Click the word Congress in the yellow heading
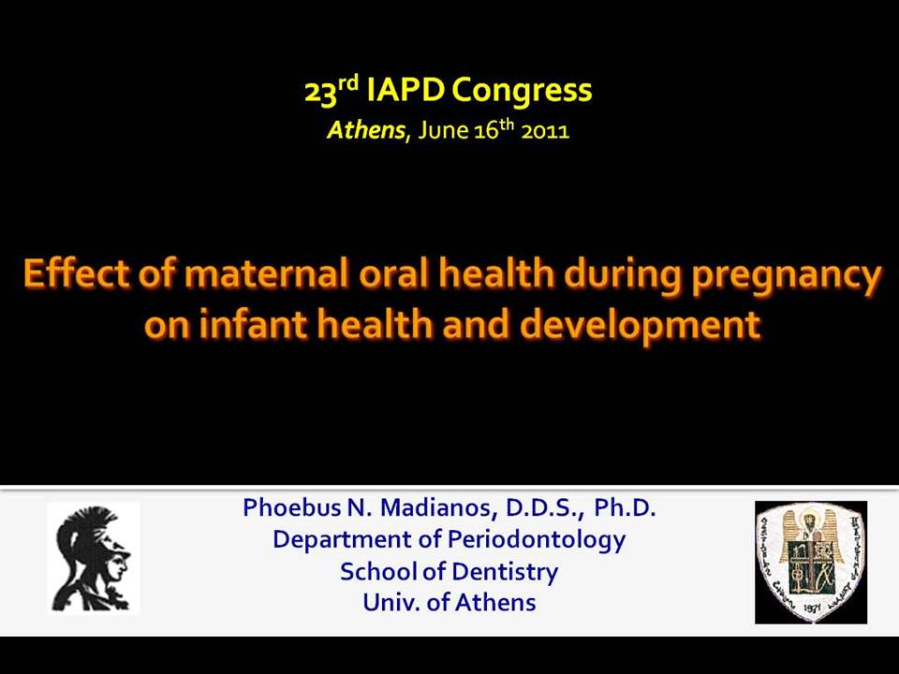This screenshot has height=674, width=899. click(x=522, y=92)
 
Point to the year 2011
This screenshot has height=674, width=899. click(x=545, y=131)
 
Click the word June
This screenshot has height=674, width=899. click(x=444, y=131)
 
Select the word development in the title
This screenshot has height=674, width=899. click(x=640, y=326)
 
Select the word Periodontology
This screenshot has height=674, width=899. click(x=537, y=541)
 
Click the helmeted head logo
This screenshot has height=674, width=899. click(x=94, y=559)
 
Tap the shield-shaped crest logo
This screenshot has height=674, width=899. click(x=811, y=563)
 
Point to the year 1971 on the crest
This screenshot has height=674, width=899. click(x=811, y=608)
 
